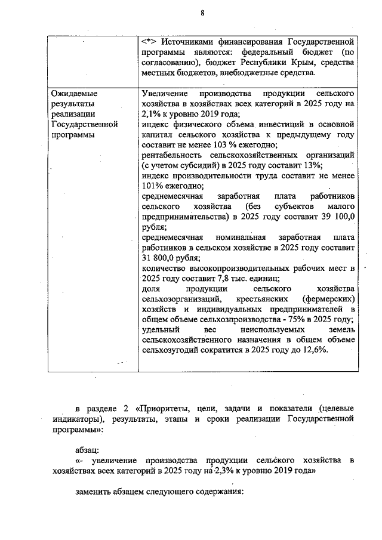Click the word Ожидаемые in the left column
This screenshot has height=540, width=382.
point(74,94)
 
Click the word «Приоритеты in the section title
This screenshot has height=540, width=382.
point(166,408)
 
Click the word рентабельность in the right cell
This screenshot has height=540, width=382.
point(174,155)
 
